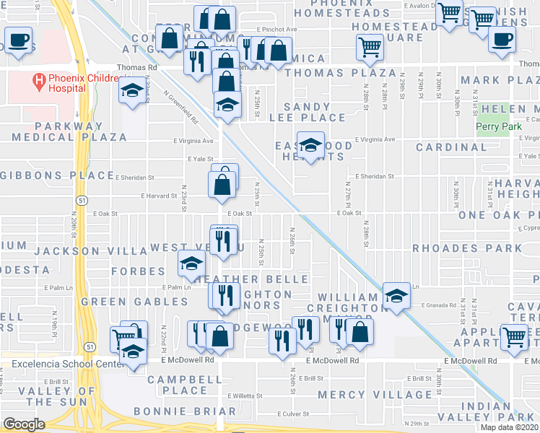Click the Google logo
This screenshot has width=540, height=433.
point(24,424)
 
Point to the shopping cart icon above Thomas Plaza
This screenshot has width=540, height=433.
point(370,48)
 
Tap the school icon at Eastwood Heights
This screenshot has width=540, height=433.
point(310,146)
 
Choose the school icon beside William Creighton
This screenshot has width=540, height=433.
point(396,295)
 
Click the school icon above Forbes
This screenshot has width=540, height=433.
point(191,263)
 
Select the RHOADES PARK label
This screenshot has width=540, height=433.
point(466,248)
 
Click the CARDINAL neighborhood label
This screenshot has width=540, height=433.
point(451,147)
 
